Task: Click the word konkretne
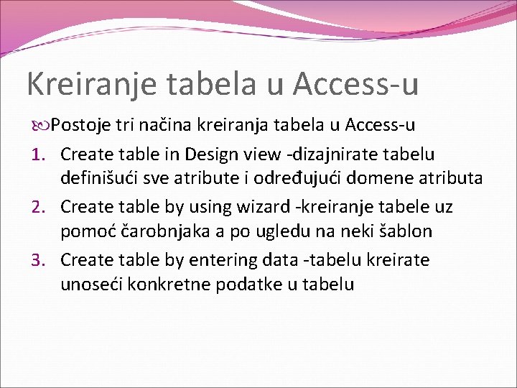tap(168, 285)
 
